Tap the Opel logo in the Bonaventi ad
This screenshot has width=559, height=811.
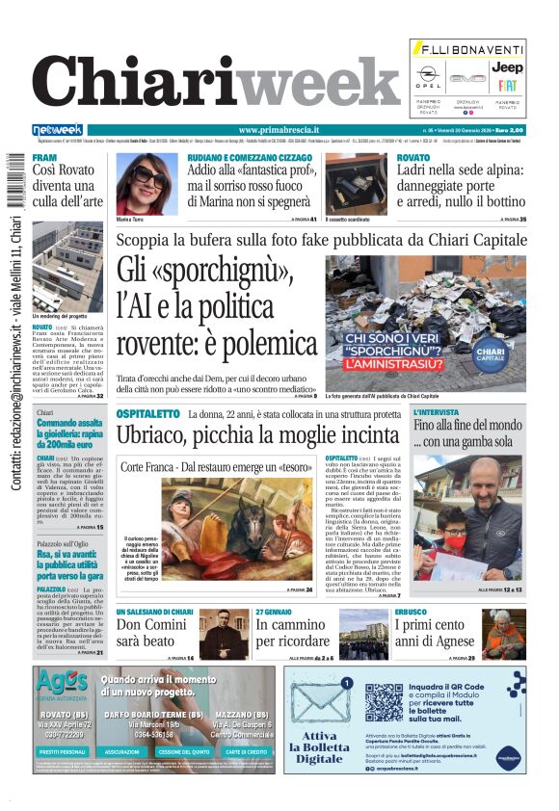pos(428,72)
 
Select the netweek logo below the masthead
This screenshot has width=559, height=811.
pos(57,130)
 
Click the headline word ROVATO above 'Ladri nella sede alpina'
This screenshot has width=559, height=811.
pos(413,157)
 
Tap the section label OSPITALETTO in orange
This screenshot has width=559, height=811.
pos(147,412)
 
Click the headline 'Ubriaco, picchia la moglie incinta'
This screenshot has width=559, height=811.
pos(258,434)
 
